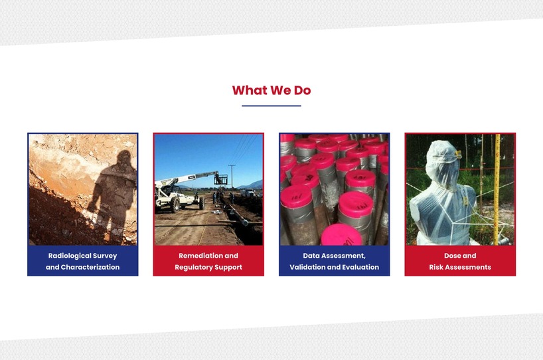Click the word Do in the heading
(x=302, y=90)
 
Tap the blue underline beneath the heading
(x=271, y=106)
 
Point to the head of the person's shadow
(x=124, y=158)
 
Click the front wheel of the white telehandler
(x=175, y=205)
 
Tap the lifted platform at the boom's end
(x=220, y=179)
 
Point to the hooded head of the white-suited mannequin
(x=441, y=161)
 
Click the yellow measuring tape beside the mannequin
(x=498, y=189)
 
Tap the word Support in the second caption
(x=228, y=268)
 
